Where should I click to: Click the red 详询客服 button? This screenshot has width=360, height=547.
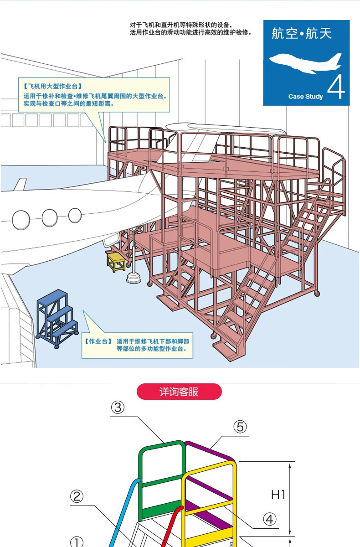(x=179, y=392)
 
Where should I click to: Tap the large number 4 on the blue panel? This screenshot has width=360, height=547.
(x=336, y=87)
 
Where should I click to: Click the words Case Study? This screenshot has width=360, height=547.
(x=305, y=97)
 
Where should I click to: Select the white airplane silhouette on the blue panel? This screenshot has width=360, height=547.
(x=305, y=63)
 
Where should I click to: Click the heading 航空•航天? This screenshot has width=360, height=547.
(x=302, y=33)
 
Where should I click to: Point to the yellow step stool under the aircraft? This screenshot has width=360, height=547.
(x=116, y=262)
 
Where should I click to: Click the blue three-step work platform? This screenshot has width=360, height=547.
(x=57, y=319)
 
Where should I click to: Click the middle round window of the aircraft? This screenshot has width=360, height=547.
(x=50, y=218)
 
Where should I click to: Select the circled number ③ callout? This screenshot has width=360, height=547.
(x=118, y=408)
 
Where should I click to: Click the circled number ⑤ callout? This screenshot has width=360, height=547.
(x=240, y=427)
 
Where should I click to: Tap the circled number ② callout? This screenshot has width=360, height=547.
(x=77, y=496)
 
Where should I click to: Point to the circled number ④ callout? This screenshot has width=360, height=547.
(x=270, y=519)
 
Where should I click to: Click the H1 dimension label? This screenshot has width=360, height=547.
(x=278, y=495)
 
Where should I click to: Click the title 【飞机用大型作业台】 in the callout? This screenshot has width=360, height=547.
(x=53, y=86)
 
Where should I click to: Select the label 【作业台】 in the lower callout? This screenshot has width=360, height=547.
(x=98, y=341)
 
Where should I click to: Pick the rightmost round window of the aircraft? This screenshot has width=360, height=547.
(x=75, y=215)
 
